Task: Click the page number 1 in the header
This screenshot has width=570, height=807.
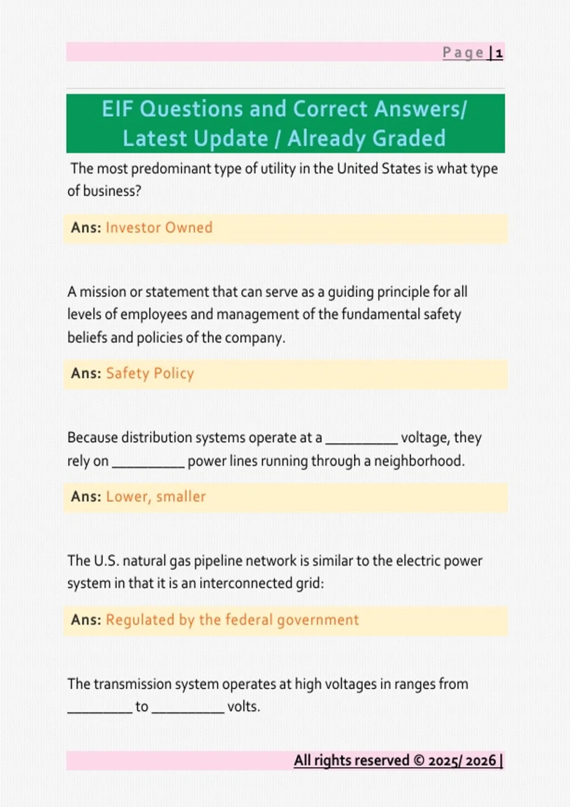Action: point(499,53)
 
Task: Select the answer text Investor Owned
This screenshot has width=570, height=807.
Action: point(159,228)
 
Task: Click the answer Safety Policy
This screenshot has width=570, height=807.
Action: point(150,374)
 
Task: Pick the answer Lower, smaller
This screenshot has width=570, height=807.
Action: point(156,497)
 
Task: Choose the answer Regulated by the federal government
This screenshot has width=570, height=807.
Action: point(232,620)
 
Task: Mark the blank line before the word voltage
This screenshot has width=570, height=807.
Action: point(361,442)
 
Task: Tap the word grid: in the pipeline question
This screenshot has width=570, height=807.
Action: point(310,583)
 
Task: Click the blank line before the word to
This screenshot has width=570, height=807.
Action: point(100,711)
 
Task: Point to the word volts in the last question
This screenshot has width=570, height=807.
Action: point(243,707)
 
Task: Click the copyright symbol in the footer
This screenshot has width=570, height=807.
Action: point(419,760)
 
